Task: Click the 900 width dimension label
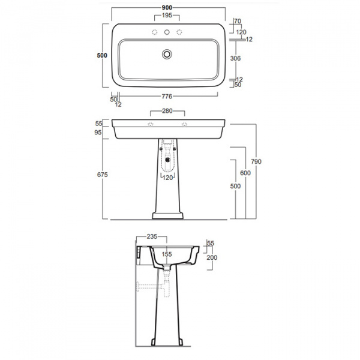(167, 8)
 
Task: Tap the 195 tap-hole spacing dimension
(167, 15)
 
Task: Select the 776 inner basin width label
(167, 97)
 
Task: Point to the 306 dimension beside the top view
(235, 58)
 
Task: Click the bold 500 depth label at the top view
(102, 55)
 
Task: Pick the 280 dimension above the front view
(167, 111)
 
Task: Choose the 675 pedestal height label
(102, 175)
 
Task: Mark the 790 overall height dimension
(256, 161)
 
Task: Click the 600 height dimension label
(245, 173)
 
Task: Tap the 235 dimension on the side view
(152, 236)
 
